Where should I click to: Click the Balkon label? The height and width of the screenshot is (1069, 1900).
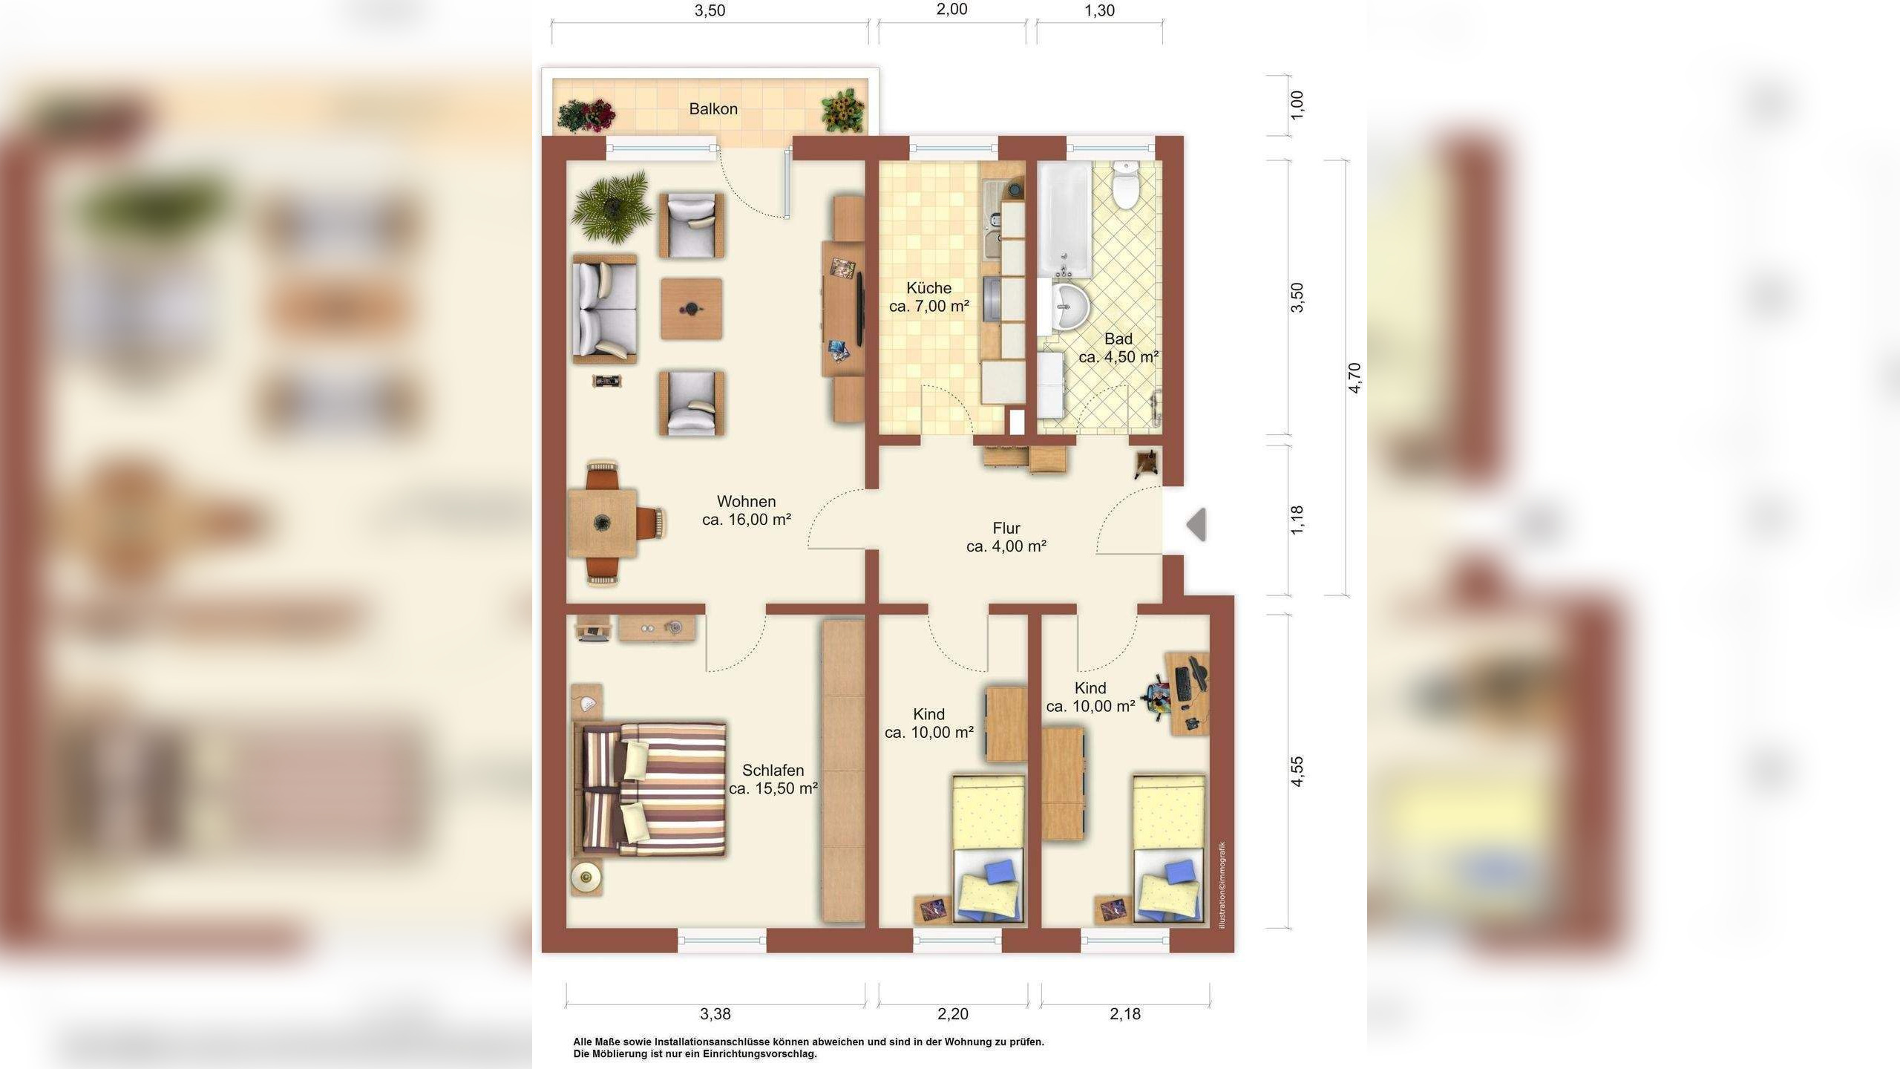[x=713, y=109]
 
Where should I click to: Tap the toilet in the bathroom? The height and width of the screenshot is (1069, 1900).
[x=1126, y=186]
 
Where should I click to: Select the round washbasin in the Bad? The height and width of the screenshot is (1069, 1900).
[x=1070, y=306]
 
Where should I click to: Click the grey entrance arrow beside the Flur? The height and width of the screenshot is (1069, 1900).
[x=1196, y=525]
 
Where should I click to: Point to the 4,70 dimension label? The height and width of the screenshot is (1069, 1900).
[x=1354, y=378]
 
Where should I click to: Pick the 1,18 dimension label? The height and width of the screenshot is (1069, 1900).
[x=1297, y=520]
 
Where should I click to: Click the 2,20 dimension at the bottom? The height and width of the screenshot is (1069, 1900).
[x=953, y=1014]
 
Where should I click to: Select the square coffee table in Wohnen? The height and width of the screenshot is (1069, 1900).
[x=692, y=309]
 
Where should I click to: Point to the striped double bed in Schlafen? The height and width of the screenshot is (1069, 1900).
[x=650, y=789]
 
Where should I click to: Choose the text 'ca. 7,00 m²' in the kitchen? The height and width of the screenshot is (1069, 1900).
[x=929, y=306]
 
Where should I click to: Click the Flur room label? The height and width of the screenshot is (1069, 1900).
[x=1006, y=529]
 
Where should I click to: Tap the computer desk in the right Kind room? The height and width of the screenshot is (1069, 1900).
[x=1186, y=693]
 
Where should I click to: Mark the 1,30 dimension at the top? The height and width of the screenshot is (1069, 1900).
[x=1100, y=10]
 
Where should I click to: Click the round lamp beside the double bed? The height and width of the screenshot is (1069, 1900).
[x=587, y=877]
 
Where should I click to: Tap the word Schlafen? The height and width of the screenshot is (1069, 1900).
[x=773, y=771]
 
